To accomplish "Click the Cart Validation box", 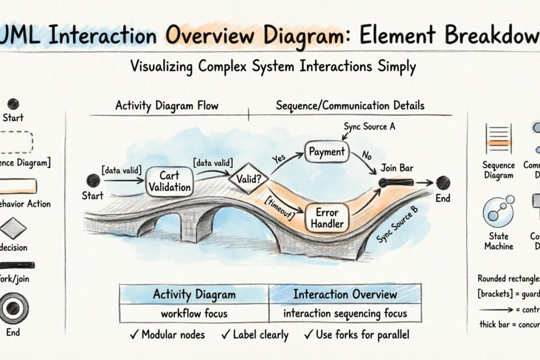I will [169, 181].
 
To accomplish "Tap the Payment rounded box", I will [327, 152].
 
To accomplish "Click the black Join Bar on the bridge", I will [396, 182].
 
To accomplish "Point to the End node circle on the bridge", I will [442, 182].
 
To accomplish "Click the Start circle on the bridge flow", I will [93, 180].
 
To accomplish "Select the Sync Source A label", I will [369, 126].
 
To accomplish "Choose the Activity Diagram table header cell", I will [194, 294].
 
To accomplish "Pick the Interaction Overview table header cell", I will [345, 294].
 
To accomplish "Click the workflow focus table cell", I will [194, 313].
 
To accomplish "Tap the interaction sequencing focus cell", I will [345, 313].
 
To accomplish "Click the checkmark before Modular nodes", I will [134, 334].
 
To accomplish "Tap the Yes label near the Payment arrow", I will [279, 159].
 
